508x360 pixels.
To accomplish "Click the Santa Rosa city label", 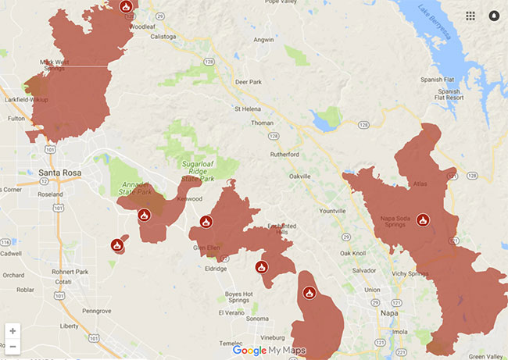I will tap(59, 173).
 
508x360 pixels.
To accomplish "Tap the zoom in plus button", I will tap(13, 331).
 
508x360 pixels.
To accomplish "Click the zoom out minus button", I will tap(13, 346).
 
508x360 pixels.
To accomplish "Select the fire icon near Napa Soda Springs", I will tap(423, 220).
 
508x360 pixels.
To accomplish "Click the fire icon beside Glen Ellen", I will tap(206, 222).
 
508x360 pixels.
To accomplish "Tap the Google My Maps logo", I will tap(269, 351).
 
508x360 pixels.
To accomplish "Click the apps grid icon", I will tap(470, 16).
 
